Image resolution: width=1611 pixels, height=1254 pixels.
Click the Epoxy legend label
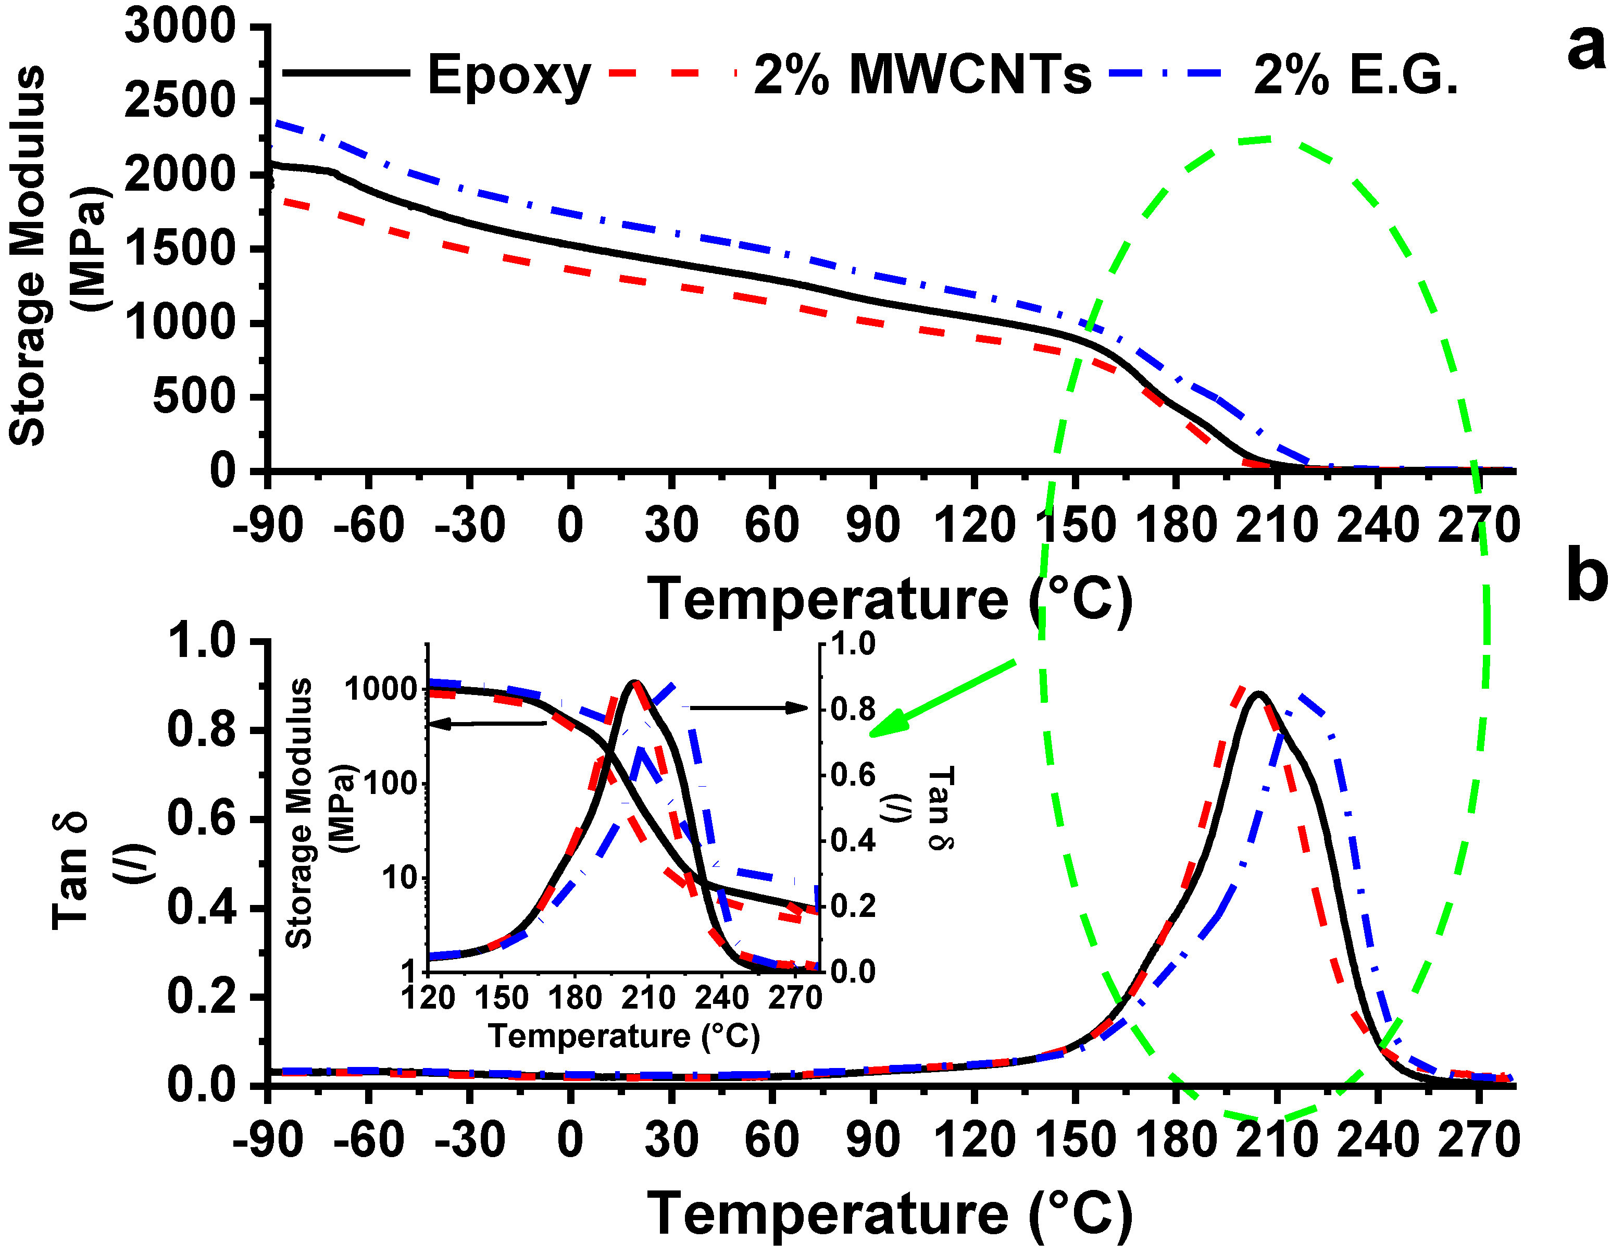pyautogui.click(x=509, y=75)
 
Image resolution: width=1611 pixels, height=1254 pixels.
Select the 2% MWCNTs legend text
pyautogui.click(x=922, y=75)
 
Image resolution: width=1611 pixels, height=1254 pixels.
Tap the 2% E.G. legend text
pyautogui.click(x=1356, y=75)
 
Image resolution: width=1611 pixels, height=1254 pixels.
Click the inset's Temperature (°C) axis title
pyautogui.click(x=624, y=1036)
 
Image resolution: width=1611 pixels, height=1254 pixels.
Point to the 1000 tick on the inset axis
pyautogui.click(x=381, y=689)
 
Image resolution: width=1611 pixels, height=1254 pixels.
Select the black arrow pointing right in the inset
pyautogui.click(x=748, y=708)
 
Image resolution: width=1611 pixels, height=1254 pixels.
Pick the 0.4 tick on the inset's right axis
pyautogui.click(x=853, y=840)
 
